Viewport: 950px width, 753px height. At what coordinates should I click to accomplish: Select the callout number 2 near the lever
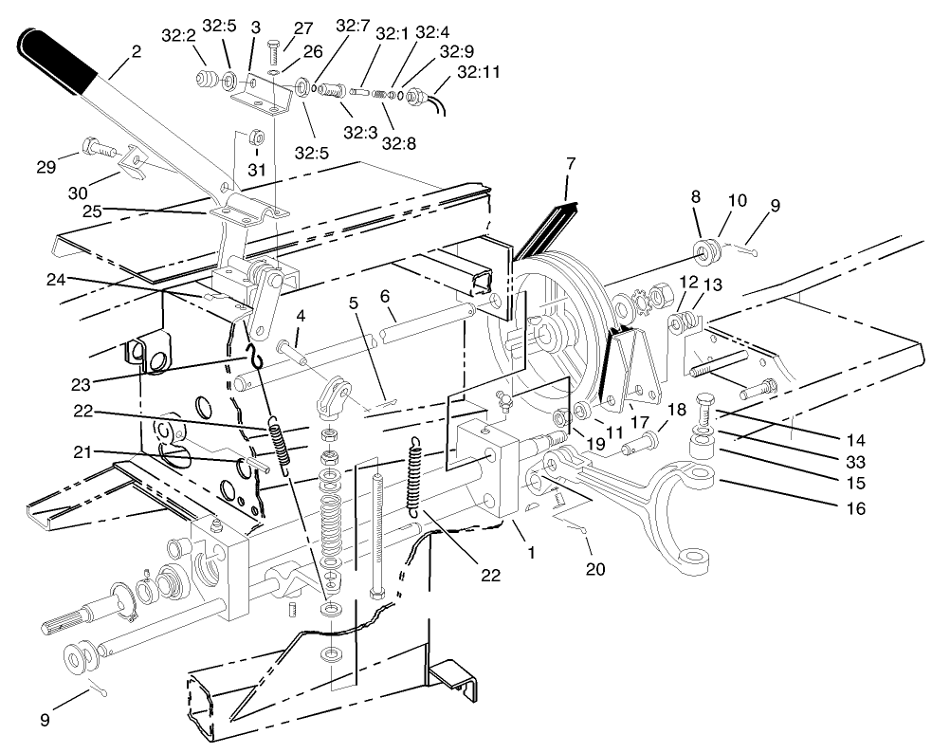(x=137, y=51)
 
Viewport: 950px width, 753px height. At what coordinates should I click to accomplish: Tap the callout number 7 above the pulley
(x=570, y=164)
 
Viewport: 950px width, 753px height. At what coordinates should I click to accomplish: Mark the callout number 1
(x=529, y=551)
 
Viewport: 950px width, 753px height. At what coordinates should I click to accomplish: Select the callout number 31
(x=253, y=170)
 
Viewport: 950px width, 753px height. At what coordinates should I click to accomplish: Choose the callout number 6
(x=386, y=296)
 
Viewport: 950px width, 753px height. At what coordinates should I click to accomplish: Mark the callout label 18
(x=675, y=408)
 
